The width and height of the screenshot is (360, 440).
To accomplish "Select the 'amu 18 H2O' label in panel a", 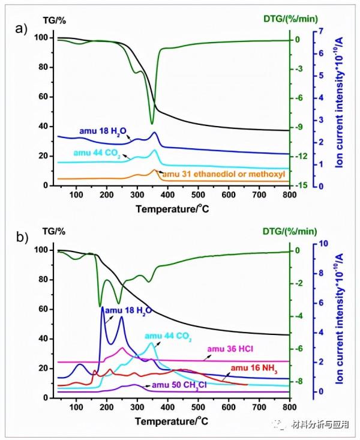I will coord(104,130).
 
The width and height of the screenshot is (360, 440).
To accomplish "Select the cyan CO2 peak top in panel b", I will coord(151,343).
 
